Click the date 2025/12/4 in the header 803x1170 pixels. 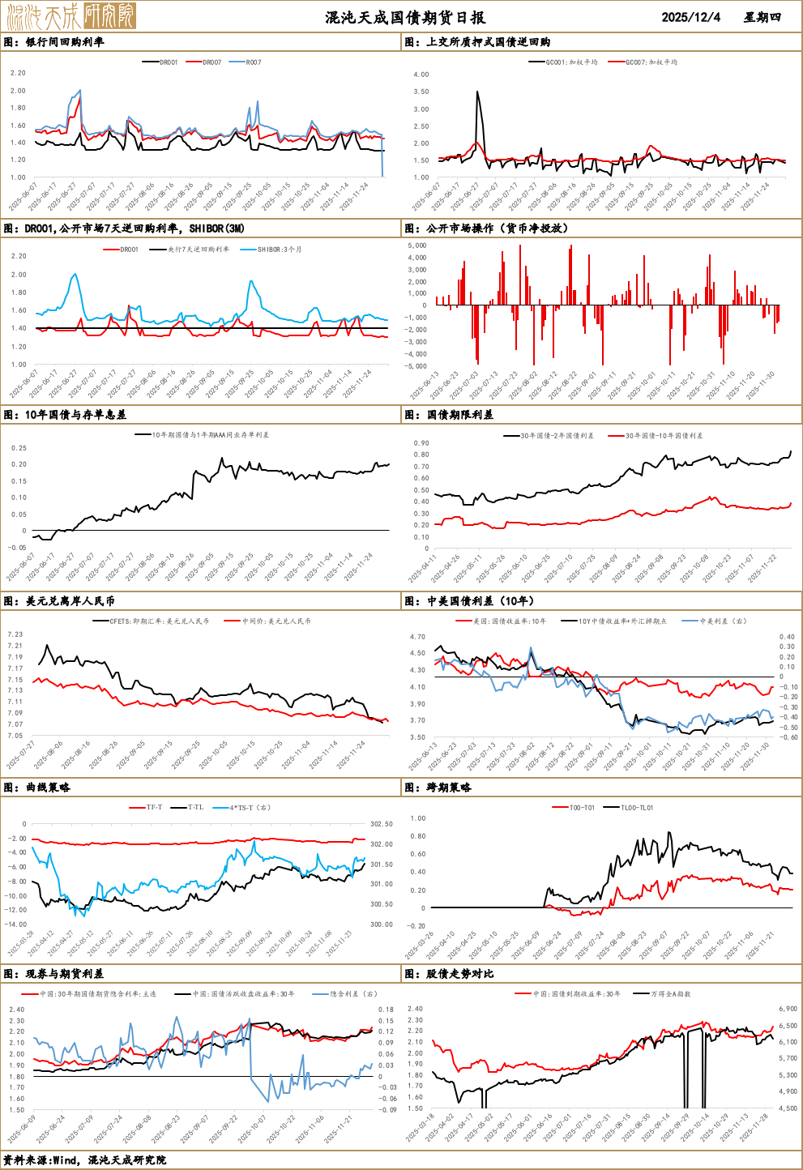pos(690,17)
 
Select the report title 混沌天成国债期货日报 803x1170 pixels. pos(405,17)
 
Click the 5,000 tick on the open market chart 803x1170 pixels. pos(416,246)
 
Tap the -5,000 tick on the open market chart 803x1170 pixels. pos(416,366)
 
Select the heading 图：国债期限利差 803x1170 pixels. pos(449,415)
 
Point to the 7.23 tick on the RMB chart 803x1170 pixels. pos(15,634)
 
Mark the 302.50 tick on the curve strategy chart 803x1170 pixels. pos(381,824)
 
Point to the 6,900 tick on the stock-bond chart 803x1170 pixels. pos(788,1009)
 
